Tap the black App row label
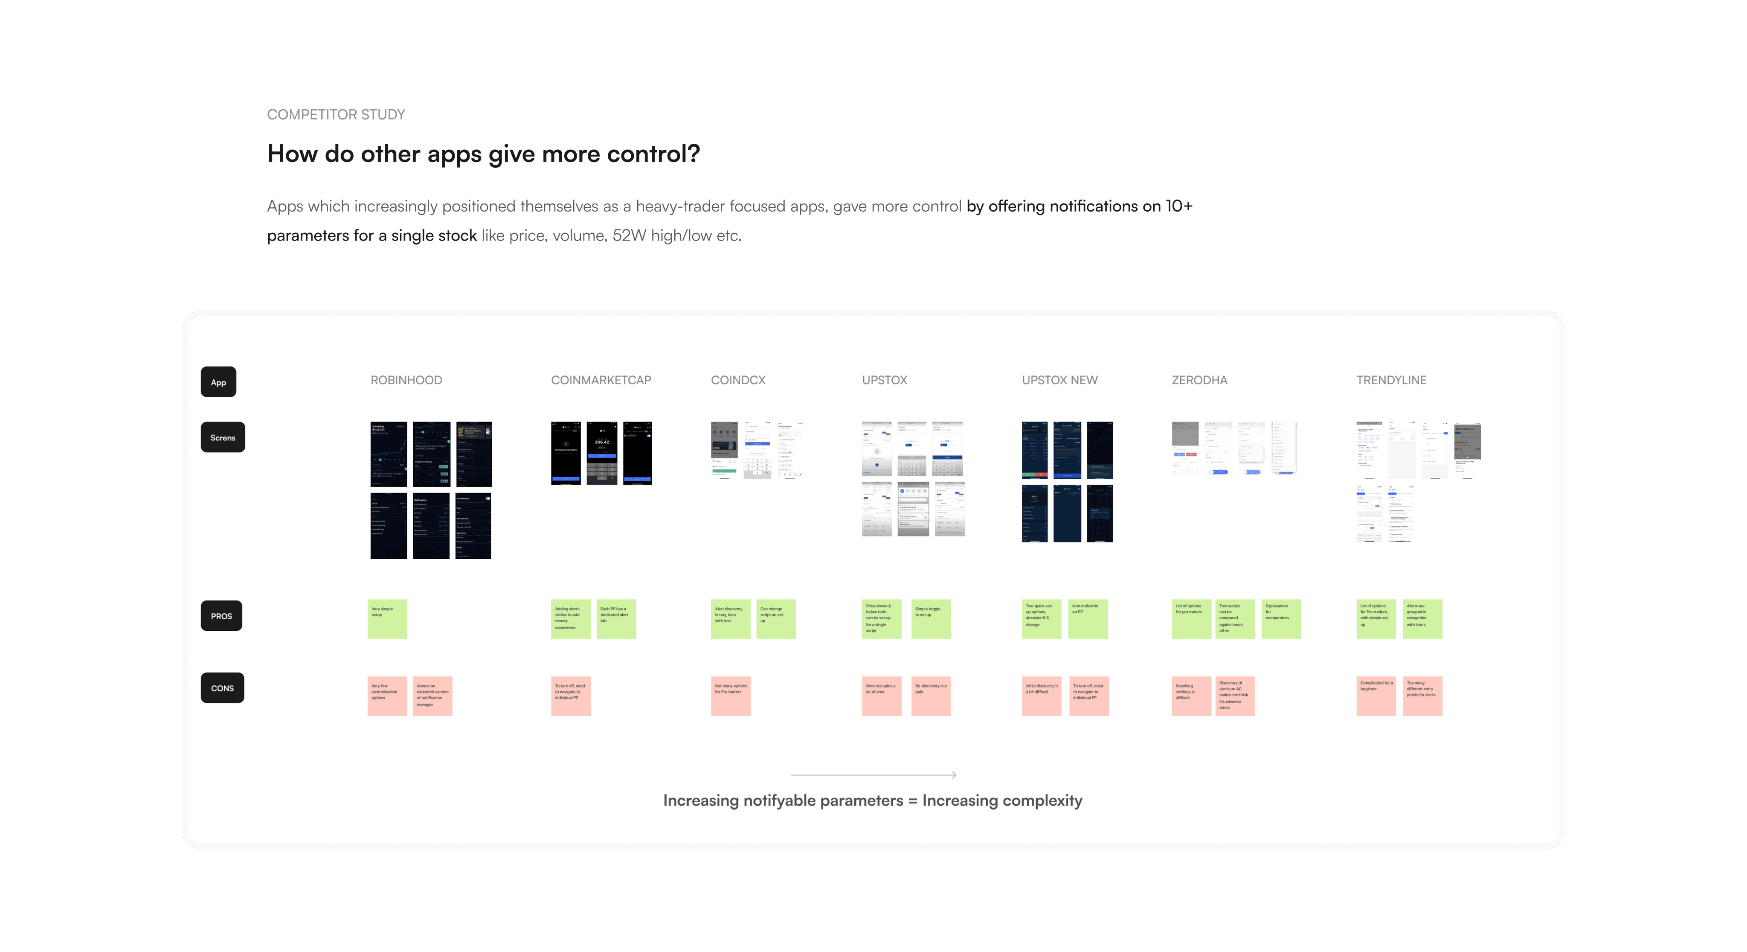click(x=218, y=382)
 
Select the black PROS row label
click(x=221, y=615)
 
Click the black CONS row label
click(x=222, y=688)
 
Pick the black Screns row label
click(x=223, y=437)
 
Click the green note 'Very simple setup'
click(x=386, y=618)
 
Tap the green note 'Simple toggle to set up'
click(x=931, y=618)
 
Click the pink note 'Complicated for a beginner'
click(x=1376, y=696)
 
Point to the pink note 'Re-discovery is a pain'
click(x=931, y=696)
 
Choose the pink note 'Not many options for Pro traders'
click(x=730, y=696)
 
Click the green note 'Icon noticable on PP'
click(x=1087, y=618)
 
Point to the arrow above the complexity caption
click(x=873, y=774)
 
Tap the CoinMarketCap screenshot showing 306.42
click(x=601, y=453)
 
